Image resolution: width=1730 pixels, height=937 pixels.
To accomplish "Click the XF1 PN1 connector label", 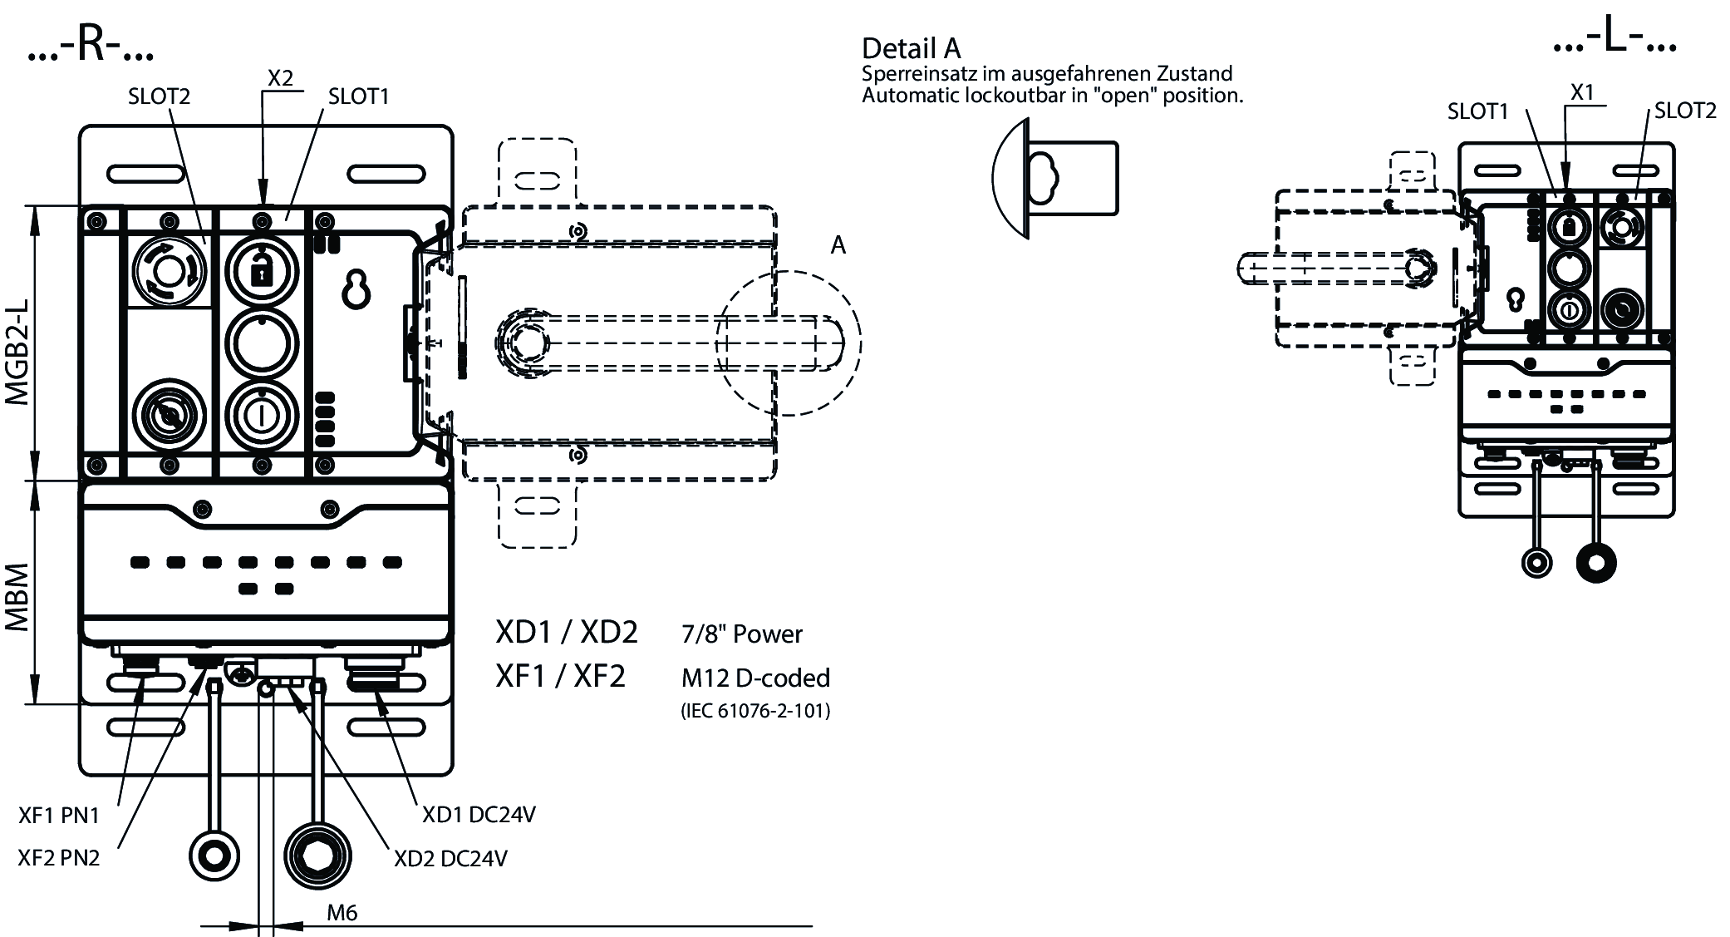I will (59, 816).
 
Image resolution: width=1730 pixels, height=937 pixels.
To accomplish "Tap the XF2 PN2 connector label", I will (59, 857).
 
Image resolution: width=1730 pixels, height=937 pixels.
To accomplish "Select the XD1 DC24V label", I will (479, 815).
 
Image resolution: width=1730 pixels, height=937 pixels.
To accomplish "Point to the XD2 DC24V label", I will (450, 858).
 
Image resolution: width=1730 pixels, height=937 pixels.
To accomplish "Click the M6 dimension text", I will (342, 913).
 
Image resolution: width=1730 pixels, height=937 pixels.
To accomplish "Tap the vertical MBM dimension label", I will (17, 597).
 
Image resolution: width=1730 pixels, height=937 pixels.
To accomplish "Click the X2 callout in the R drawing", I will (281, 78).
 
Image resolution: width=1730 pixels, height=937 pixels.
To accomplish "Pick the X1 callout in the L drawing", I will (1582, 92).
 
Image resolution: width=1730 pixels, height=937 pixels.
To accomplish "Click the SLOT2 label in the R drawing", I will (159, 96).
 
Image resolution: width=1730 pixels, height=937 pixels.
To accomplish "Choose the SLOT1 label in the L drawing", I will (1477, 111).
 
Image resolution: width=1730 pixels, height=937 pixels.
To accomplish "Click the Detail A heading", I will (911, 48).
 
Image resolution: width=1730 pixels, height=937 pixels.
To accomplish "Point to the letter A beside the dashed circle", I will (838, 245).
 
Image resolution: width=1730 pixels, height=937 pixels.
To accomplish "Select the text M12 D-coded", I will (755, 678).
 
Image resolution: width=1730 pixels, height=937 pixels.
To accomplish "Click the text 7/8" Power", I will (741, 634).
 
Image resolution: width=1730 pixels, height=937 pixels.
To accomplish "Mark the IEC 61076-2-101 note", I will (755, 711).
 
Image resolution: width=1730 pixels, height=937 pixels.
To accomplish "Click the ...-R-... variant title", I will (91, 46).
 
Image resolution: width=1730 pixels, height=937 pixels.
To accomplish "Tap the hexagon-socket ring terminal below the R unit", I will (317, 856).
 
